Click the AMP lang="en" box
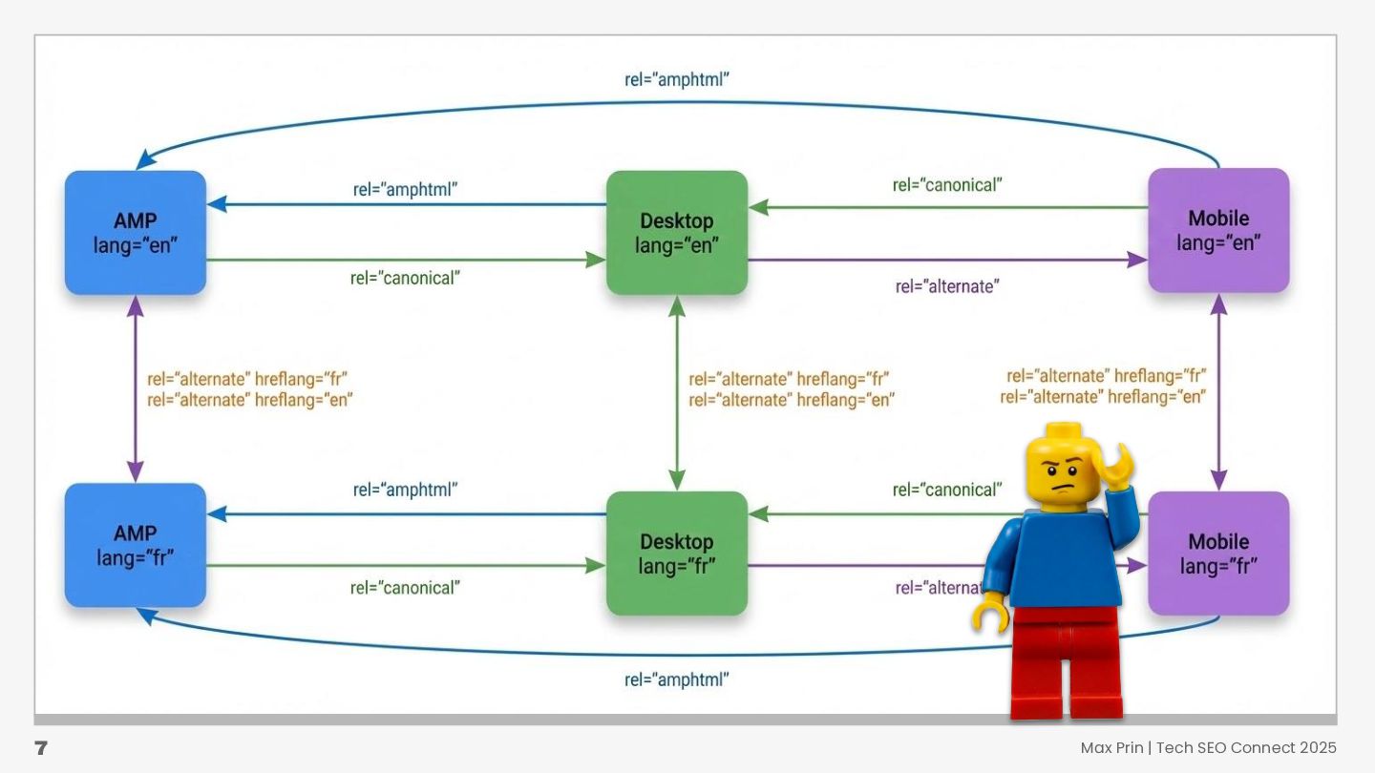(136, 233)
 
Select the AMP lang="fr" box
(136, 545)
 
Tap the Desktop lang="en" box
(677, 233)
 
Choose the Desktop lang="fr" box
(677, 554)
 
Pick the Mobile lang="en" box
(1218, 230)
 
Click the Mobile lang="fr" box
(1218, 554)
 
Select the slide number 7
(41, 748)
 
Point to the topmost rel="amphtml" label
(677, 80)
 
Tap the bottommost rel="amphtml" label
(677, 680)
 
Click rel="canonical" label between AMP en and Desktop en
(405, 279)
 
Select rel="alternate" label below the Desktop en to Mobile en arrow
(947, 286)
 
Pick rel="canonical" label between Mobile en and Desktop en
(947, 185)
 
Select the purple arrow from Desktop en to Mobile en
(945, 259)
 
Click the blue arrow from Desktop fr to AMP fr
(406, 514)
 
